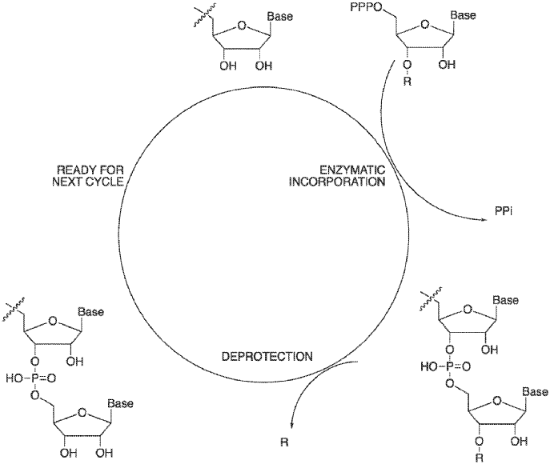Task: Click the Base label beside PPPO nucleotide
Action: (x=464, y=15)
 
